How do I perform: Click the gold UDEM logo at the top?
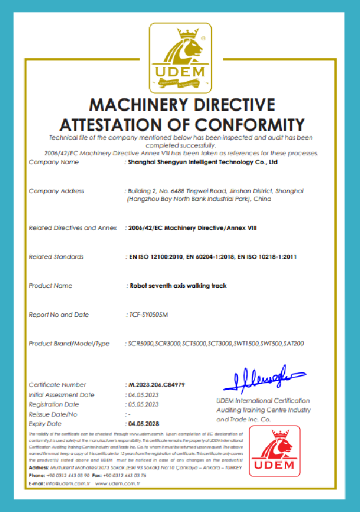pos(180,57)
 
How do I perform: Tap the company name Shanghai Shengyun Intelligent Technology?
pos(202,162)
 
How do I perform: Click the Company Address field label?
pos(57,191)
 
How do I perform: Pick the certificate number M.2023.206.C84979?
pos(157,385)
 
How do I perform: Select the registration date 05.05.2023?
pos(143,405)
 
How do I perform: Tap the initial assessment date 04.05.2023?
pos(143,395)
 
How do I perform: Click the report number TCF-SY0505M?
pos(148,315)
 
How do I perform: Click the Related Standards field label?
pos(56,257)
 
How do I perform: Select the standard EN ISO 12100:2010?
pos(155,257)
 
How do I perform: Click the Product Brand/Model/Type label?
pos(69,344)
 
